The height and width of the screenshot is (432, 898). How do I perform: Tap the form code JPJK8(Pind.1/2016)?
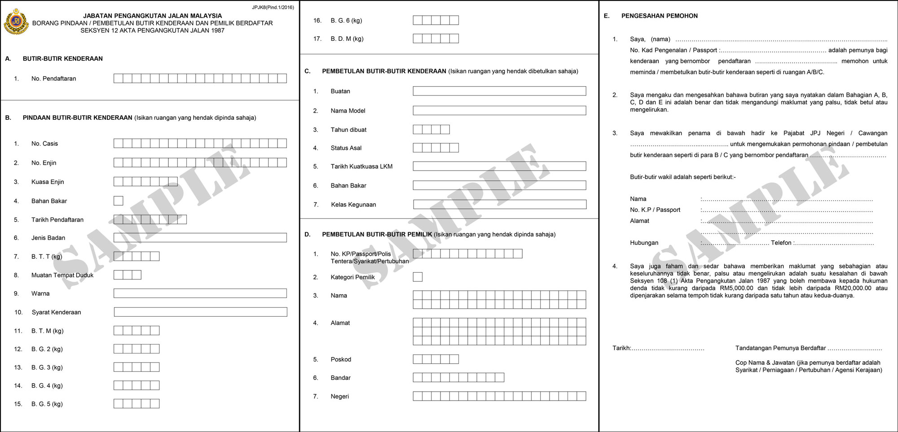[273, 8]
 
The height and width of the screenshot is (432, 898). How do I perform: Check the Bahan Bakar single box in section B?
[119, 201]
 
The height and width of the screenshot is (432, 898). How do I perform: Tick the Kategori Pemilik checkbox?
[418, 277]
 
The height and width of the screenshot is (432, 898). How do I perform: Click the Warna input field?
[200, 293]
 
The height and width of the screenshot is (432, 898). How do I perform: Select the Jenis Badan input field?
[200, 238]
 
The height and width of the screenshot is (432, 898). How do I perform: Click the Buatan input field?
[499, 91]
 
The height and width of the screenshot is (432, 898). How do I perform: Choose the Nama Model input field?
[499, 110]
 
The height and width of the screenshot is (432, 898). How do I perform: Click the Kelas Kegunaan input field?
[499, 205]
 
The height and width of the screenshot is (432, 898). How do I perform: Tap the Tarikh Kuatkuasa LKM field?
[499, 166]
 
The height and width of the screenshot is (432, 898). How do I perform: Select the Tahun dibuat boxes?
[431, 130]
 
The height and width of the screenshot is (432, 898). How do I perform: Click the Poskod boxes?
[436, 359]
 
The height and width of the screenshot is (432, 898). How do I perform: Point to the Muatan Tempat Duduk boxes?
[128, 275]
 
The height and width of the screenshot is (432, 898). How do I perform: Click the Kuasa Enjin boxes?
[145, 182]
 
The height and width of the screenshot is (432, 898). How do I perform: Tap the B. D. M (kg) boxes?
[436, 39]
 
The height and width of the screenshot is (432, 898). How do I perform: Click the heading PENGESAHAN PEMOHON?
[659, 16]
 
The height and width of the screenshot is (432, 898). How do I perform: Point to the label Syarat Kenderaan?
[56, 312]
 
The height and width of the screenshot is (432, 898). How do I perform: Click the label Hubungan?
[644, 243]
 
